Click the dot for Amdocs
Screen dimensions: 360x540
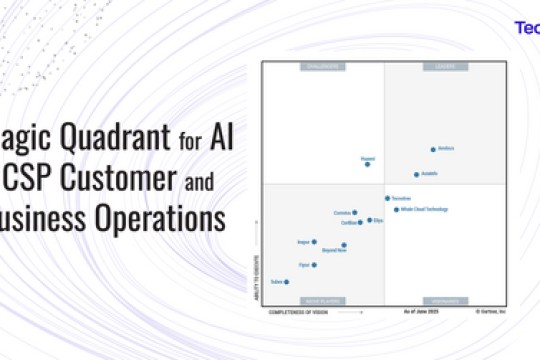tap(433, 150)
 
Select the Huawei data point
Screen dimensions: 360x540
tap(367, 164)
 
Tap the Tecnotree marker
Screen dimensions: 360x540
tap(388, 198)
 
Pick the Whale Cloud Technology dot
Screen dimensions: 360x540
tap(396, 210)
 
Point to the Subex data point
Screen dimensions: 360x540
tap(286, 282)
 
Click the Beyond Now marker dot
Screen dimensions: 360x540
tap(344, 245)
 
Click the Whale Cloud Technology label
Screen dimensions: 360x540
tap(426, 210)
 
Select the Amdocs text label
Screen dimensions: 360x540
tap(446, 148)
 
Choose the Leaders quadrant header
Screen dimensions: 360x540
tap(444, 67)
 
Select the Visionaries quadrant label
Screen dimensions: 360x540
tap(444, 300)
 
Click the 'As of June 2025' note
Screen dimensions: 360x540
tap(421, 312)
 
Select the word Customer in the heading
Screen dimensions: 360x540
tap(110, 179)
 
